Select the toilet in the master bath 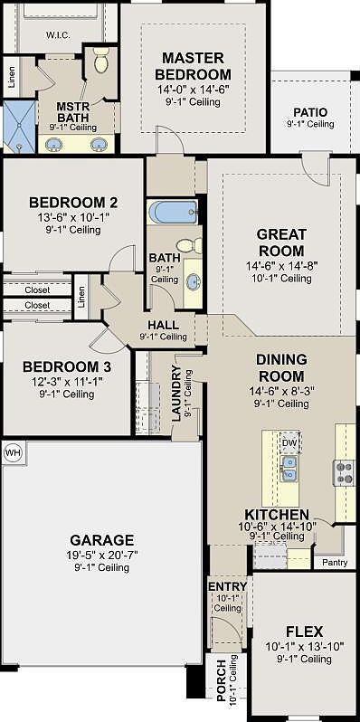pyautogui.click(x=101, y=62)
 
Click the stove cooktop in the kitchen pyautogui.click(x=345, y=470)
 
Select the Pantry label pyautogui.click(x=335, y=562)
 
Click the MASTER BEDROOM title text pyautogui.click(x=193, y=66)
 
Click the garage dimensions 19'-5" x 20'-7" pyautogui.click(x=103, y=554)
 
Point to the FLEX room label pyautogui.click(x=305, y=631)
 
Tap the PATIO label pyautogui.click(x=309, y=112)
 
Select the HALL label pyautogui.click(x=163, y=325)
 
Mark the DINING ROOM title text pyautogui.click(x=280, y=366)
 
